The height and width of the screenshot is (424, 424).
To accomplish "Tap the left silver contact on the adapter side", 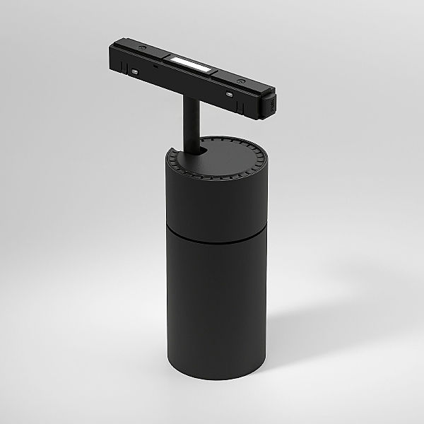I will [x=134, y=71].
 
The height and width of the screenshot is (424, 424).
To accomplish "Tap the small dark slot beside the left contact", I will [x=155, y=64].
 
